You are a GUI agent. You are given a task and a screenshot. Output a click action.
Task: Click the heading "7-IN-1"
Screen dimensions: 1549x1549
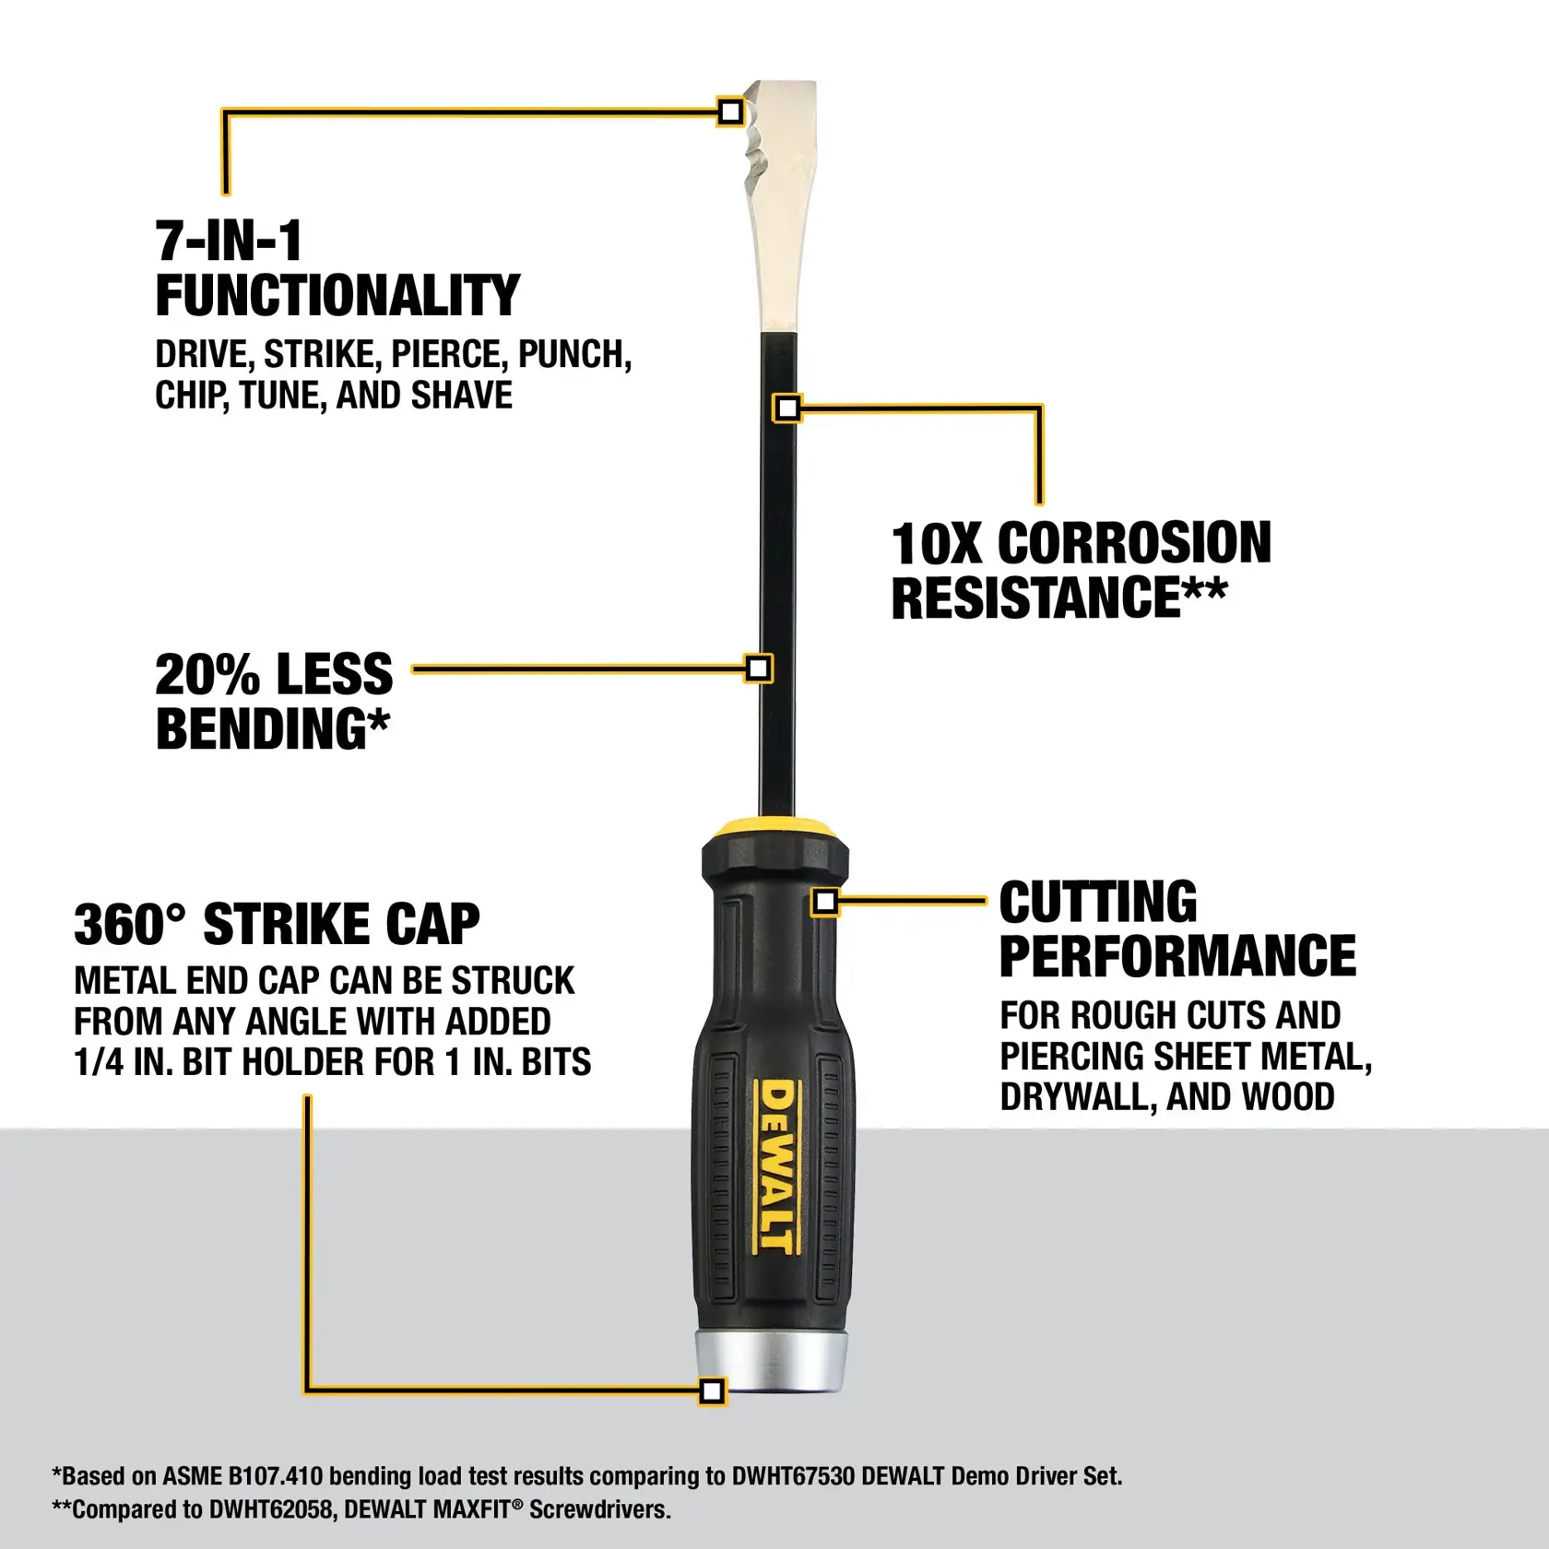(229, 242)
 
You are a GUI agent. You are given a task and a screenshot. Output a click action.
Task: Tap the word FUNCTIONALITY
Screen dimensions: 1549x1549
(337, 296)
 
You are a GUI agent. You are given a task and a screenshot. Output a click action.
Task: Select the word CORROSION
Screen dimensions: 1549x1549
(1134, 543)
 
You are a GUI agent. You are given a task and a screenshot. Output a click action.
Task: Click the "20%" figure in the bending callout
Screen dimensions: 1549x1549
(207, 674)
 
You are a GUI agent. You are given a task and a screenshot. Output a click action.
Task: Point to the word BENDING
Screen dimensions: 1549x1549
(263, 729)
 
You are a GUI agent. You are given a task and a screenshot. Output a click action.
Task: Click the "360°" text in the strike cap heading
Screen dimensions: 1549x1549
(129, 924)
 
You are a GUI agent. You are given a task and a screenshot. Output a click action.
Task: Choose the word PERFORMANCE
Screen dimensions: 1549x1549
(1177, 955)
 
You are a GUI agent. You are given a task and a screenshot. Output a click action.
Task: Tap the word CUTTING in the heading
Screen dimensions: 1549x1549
(1097, 902)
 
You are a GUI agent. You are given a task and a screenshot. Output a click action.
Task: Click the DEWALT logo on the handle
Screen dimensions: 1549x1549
(776, 1166)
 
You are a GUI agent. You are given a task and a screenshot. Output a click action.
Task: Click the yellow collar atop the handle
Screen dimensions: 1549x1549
(774, 825)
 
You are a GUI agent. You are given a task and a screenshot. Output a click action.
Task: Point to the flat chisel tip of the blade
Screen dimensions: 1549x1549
(784, 92)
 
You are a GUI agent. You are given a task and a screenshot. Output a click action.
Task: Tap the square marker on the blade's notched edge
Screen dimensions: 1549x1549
(730, 112)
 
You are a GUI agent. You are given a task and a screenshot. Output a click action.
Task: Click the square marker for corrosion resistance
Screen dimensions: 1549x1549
(787, 408)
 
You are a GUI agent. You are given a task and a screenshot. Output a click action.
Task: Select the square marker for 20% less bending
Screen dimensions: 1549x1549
(758, 668)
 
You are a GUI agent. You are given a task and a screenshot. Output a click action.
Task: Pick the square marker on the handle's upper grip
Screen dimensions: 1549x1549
(825, 902)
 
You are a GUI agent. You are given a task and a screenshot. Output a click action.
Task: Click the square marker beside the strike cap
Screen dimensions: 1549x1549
(712, 1391)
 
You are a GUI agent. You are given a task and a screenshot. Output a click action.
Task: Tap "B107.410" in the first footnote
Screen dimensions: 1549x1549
(275, 1476)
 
